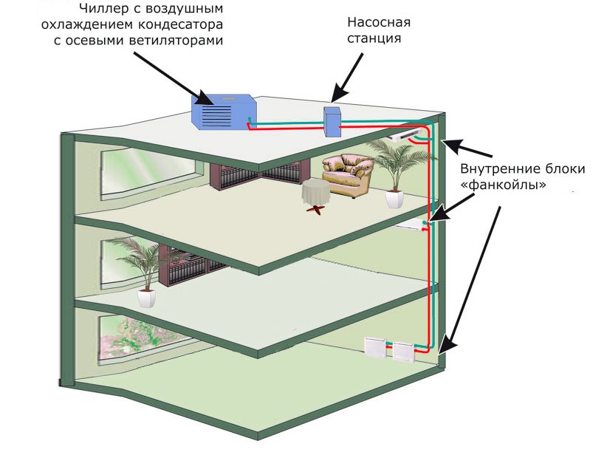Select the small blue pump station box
332,121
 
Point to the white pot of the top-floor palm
394,198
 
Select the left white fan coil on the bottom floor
377,347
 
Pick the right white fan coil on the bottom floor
403,352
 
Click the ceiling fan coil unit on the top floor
403,135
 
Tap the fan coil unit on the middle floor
408,225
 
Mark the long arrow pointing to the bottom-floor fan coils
473,273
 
